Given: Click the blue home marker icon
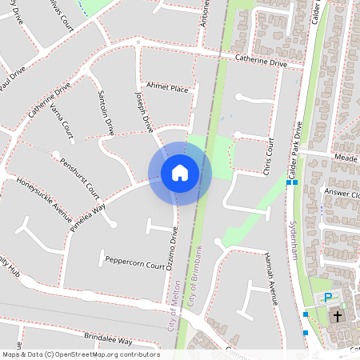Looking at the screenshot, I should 180,173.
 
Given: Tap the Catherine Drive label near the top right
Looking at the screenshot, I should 260,60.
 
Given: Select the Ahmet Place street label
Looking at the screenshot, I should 166,89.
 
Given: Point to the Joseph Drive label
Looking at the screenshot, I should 144,111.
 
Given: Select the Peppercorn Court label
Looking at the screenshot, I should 134,262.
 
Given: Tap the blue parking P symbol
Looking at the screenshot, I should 327,298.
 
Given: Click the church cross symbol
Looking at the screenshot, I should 337,317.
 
